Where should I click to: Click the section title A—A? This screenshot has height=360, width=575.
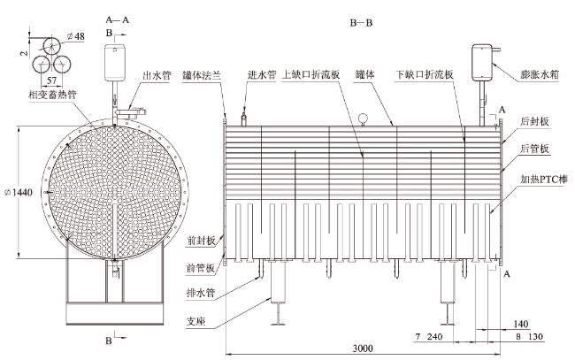click(118, 19)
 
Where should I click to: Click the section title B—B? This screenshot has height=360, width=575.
click(361, 23)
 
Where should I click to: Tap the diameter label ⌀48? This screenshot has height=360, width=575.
click(76, 36)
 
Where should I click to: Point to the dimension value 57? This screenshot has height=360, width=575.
click(52, 80)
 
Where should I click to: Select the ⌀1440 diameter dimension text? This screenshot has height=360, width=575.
click(19, 192)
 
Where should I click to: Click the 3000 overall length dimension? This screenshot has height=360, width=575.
click(363, 348)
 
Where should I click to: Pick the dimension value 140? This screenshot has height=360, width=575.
click(521, 324)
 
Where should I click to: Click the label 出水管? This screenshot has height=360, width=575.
click(157, 75)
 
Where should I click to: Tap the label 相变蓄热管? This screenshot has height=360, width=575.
click(52, 95)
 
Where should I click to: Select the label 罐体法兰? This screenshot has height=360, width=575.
click(202, 75)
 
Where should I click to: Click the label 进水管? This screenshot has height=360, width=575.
click(262, 75)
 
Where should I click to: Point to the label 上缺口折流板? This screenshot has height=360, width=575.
click(311, 75)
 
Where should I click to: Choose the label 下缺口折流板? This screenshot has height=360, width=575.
click(425, 75)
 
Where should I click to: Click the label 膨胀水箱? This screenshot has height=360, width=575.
click(540, 74)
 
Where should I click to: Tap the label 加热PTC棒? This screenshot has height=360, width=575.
click(544, 179)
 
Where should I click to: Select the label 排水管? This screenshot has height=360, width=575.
click(201, 293)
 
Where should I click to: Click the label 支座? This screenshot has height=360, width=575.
click(196, 321)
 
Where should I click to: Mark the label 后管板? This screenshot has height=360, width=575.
click(534, 149)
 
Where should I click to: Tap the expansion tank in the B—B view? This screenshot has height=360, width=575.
click(482, 62)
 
